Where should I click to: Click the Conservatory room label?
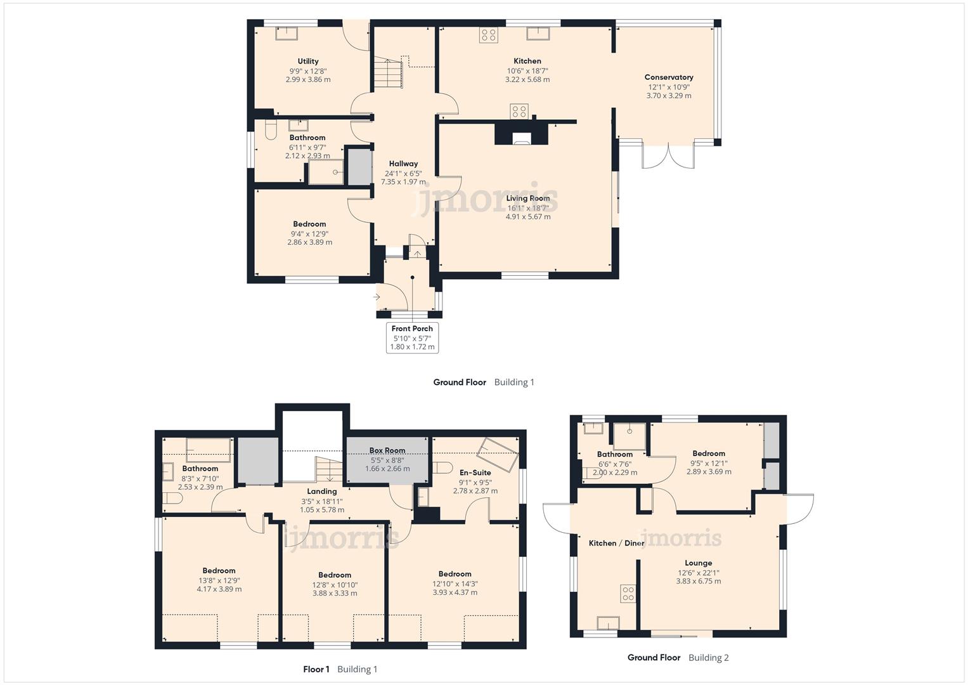pyautogui.click(x=668, y=77)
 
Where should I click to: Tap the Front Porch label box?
pyautogui.click(x=412, y=337)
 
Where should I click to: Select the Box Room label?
pyautogui.click(x=387, y=450)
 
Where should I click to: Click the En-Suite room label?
pyautogui.click(x=475, y=473)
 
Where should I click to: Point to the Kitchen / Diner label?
pyautogui.click(x=616, y=543)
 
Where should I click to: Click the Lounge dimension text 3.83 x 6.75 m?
pyautogui.click(x=698, y=581)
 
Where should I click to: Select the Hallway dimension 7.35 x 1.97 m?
pyautogui.click(x=403, y=182)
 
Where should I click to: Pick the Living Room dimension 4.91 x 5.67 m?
pyautogui.click(x=527, y=216)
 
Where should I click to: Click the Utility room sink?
pyautogui.click(x=286, y=33)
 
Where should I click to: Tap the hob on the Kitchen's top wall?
pyautogui.click(x=488, y=35)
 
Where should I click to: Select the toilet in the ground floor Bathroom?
pyautogui.click(x=271, y=130)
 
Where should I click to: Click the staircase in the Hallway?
pyautogui.click(x=387, y=73)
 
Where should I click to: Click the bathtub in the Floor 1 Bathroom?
pyautogui.click(x=208, y=450)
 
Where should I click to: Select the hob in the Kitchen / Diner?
pyautogui.click(x=628, y=594)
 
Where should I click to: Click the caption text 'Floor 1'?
pyautogui.click(x=316, y=669)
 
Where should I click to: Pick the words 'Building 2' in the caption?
pyautogui.click(x=708, y=658)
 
